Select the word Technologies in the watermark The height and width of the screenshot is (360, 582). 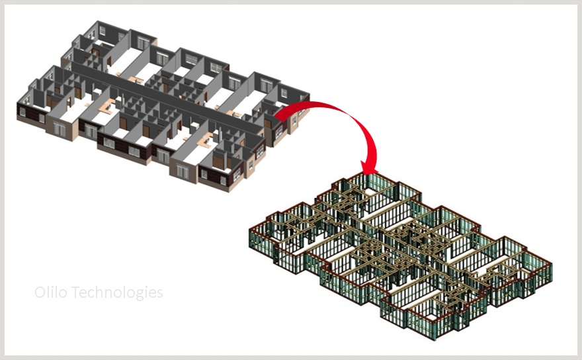117,292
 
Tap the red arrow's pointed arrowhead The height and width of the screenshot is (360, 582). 370,168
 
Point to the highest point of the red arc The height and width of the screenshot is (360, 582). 319,101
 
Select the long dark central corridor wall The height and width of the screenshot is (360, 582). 167,99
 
